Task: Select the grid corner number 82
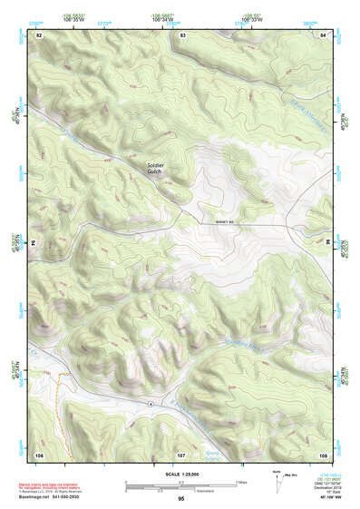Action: [39, 34]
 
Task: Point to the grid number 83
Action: [182, 34]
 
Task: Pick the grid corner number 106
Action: [39, 453]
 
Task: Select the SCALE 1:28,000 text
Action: [181, 474]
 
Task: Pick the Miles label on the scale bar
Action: [240, 481]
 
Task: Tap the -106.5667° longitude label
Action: [174, 15]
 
